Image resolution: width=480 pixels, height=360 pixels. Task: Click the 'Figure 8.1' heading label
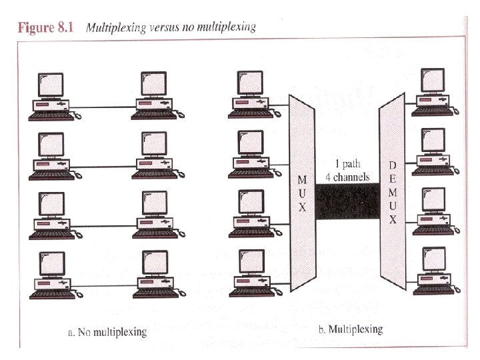[48, 28]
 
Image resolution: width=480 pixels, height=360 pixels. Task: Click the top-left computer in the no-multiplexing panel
[51, 97]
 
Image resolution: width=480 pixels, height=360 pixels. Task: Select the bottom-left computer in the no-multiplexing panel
[51, 277]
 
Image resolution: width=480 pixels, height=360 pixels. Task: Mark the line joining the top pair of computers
[103, 107]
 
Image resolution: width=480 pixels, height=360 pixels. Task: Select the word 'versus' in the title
[177, 28]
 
